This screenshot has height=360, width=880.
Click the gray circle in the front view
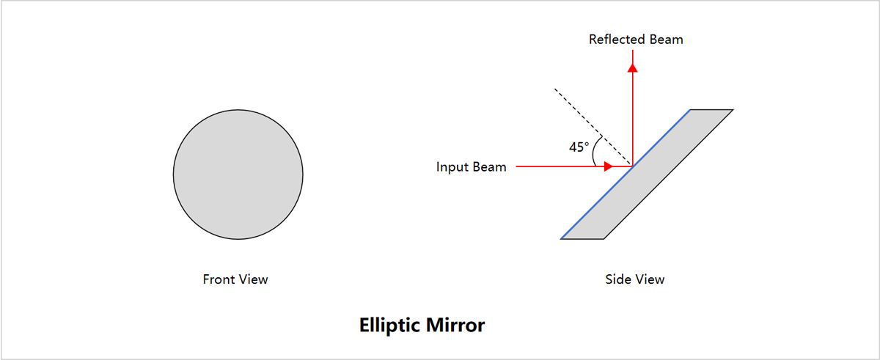(238, 175)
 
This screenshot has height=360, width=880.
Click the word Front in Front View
(218, 279)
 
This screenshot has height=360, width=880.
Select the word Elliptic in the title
(388, 325)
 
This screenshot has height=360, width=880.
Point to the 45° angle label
(579, 147)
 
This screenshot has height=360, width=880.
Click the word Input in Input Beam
(452, 167)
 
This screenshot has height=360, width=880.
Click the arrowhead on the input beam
(608, 167)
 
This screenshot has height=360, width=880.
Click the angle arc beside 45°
(595, 152)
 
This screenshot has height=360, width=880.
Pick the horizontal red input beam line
(557, 167)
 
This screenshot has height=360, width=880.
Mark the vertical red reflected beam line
(633, 117)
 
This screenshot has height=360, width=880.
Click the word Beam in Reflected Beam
(667, 40)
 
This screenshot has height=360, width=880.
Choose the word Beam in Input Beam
(489, 167)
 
